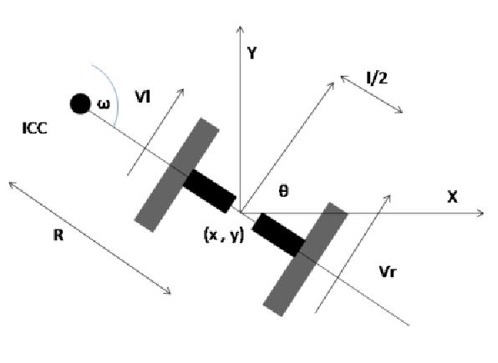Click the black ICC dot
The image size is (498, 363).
click(x=80, y=103)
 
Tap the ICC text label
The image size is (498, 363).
click(x=35, y=129)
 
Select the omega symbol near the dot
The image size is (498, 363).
click(x=104, y=104)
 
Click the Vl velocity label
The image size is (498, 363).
click(x=143, y=97)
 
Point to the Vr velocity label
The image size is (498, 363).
click(x=388, y=271)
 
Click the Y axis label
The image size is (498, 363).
click(x=252, y=53)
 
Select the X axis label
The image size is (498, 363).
click(x=452, y=197)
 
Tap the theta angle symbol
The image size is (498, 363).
click(x=283, y=191)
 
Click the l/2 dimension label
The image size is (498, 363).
click(x=377, y=78)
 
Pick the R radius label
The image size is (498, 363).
click(x=58, y=235)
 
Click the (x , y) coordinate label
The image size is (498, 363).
click(x=224, y=235)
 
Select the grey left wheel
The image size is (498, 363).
click(x=177, y=175)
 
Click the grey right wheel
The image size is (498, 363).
click(x=305, y=260)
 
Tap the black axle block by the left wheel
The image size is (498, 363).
click(x=210, y=191)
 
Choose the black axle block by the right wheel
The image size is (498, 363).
click(x=278, y=234)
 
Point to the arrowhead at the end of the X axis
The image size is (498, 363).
click(x=482, y=213)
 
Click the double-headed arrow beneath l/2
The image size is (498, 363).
click(x=372, y=94)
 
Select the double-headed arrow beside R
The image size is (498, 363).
click(x=90, y=238)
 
